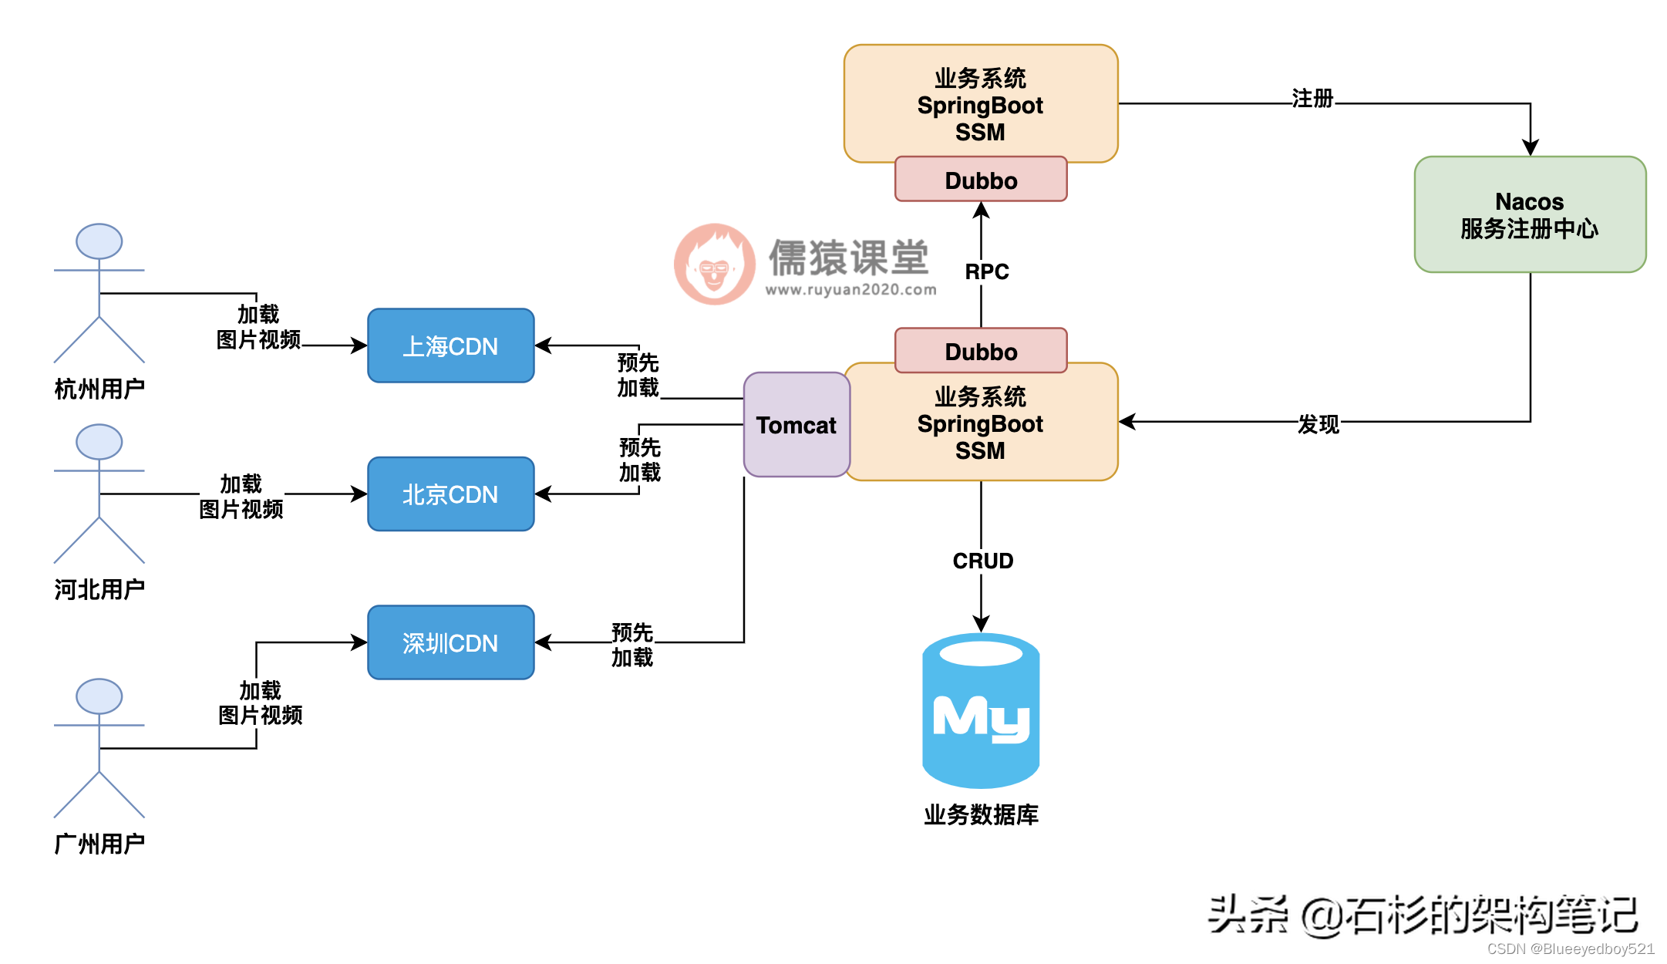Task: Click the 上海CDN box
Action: (x=450, y=345)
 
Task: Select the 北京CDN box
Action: (x=450, y=494)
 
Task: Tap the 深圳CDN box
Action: (x=450, y=642)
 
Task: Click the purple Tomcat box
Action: (x=796, y=425)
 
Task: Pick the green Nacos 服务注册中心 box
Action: (x=1529, y=214)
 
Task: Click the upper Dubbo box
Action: (x=981, y=180)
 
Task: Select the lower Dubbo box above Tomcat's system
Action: (x=981, y=351)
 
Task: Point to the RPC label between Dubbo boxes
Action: (x=986, y=271)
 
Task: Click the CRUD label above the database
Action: (x=982, y=561)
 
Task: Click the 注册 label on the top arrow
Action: (x=1312, y=99)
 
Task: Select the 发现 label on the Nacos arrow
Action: (x=1318, y=424)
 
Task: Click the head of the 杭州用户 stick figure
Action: (x=99, y=241)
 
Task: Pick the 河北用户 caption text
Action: (x=99, y=589)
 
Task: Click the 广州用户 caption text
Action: (x=99, y=844)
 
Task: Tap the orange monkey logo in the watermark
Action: (x=714, y=265)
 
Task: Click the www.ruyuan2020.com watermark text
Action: (x=850, y=290)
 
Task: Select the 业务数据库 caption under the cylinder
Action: (x=981, y=814)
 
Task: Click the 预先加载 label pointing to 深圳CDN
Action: (x=632, y=645)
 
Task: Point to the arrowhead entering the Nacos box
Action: (x=1530, y=147)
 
